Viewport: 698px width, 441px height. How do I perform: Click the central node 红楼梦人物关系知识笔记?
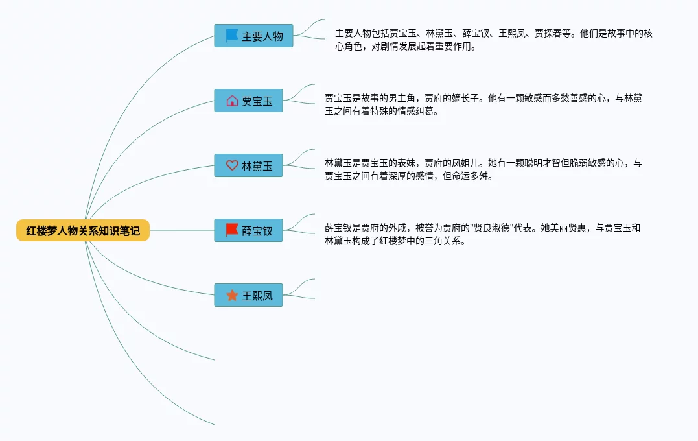[x=83, y=230]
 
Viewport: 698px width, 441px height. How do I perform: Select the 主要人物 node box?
[x=253, y=36]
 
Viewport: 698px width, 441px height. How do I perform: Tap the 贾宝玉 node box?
[x=248, y=101]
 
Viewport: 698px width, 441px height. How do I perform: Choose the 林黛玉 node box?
[x=248, y=165]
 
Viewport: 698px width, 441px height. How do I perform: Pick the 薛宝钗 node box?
[x=248, y=230]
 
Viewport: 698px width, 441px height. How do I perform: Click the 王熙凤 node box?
[x=248, y=296]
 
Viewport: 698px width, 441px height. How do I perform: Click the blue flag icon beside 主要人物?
[x=232, y=36]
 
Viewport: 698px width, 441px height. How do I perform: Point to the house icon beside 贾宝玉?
[x=232, y=101]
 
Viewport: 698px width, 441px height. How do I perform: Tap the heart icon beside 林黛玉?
[x=232, y=165]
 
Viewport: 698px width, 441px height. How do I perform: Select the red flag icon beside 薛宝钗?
[x=232, y=230]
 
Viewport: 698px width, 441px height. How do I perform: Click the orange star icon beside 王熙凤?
[x=232, y=296]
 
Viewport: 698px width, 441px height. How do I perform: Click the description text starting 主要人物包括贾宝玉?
[x=493, y=40]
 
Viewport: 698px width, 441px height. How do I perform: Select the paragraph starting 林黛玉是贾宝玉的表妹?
[x=483, y=169]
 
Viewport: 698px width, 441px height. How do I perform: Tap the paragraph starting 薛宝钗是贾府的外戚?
[x=482, y=234]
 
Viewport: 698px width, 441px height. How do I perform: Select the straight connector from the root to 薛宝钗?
[x=181, y=230]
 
